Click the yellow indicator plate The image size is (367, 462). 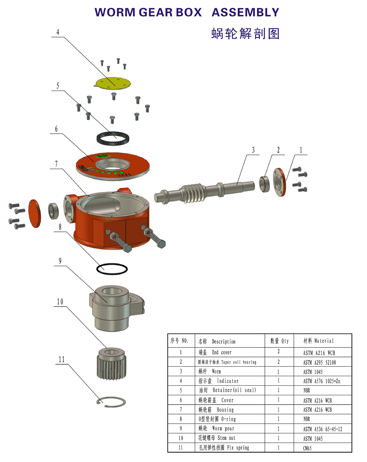[x=113, y=83]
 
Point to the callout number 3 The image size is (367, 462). [x=253, y=150]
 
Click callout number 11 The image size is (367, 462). [x=61, y=360]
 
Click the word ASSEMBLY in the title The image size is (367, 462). [x=245, y=12]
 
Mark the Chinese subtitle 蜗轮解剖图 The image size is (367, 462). [x=245, y=34]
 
